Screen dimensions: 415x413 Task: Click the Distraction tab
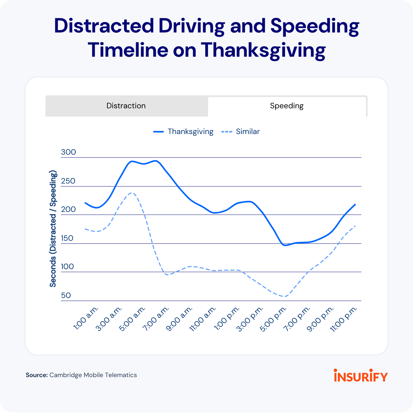click(126, 106)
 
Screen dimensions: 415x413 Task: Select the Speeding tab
click(287, 106)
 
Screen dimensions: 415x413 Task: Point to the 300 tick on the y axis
click(68, 152)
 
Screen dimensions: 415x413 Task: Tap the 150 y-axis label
click(67, 238)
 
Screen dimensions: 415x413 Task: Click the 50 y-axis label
click(66, 295)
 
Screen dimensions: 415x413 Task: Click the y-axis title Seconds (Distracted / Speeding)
click(53, 229)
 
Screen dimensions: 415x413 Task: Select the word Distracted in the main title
click(104, 26)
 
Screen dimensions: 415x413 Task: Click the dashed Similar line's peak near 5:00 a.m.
click(132, 193)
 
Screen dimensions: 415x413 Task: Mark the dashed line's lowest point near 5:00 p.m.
click(285, 296)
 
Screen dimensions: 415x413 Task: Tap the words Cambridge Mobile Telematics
click(93, 375)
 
